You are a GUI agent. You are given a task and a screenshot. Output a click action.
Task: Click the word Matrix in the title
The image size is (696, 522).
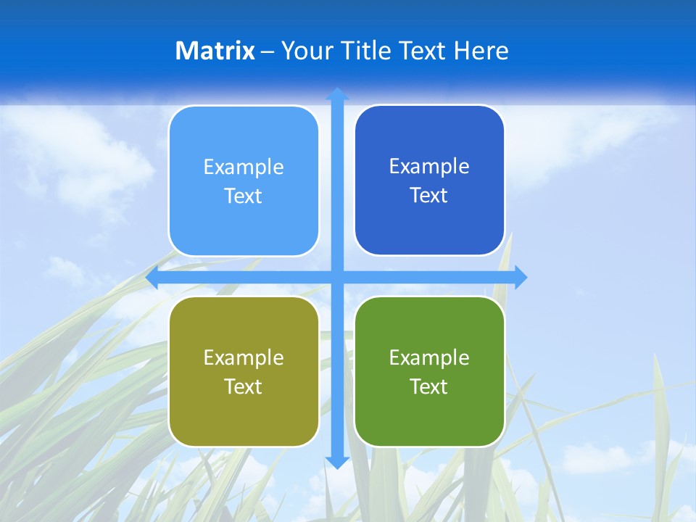[215, 51]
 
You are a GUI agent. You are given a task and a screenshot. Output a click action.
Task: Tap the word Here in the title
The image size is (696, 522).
[481, 51]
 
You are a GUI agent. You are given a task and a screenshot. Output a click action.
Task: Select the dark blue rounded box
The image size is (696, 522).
[429, 217]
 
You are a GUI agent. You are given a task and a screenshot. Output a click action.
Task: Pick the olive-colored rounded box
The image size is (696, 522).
[244, 413]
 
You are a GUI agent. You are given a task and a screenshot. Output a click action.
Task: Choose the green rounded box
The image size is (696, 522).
[429, 413]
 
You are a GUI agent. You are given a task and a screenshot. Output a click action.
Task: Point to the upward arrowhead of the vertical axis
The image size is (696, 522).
[336, 94]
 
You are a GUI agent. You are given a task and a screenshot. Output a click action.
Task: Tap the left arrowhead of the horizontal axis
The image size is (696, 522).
[152, 277]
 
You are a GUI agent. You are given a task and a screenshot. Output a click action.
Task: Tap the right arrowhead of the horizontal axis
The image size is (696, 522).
[521, 277]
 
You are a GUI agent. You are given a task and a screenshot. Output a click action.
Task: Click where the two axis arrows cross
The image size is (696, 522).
[336, 277]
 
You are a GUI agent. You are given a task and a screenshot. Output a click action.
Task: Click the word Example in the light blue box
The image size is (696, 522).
[244, 167]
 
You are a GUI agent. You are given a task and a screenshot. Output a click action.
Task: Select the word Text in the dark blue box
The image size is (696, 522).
[429, 196]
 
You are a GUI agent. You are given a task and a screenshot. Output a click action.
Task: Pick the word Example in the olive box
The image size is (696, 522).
[244, 358]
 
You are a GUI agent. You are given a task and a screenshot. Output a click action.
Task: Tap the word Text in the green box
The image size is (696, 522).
[429, 387]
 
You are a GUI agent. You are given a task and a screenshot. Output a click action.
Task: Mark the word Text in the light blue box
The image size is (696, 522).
[244, 196]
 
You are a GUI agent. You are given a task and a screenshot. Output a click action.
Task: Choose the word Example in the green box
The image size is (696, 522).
[429, 358]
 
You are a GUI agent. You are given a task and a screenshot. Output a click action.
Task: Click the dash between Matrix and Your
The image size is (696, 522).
[268, 51]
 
